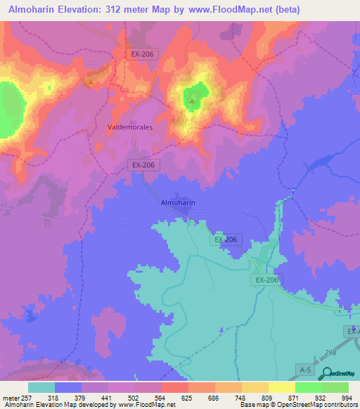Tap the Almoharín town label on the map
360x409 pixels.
[x=178, y=202]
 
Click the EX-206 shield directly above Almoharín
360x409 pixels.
[x=143, y=164]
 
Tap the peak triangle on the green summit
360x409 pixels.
[x=192, y=102]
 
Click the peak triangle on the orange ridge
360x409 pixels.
[x=91, y=82]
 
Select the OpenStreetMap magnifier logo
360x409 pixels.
[x=326, y=375]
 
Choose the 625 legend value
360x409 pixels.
[x=187, y=398]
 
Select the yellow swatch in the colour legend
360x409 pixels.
[x=281, y=387]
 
